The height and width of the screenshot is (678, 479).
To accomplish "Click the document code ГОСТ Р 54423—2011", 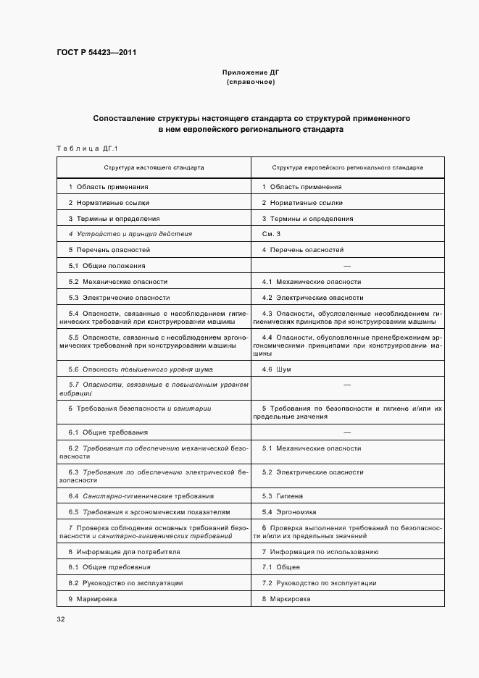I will coord(96,54).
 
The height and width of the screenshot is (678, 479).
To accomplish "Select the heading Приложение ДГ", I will coord(250,73).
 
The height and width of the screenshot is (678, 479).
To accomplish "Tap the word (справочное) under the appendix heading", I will coord(250,83).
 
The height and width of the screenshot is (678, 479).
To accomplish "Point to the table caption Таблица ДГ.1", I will coord(86,148).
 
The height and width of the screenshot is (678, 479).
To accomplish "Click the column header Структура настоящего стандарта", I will coord(154,167).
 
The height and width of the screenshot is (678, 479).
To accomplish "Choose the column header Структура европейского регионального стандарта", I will coord(347,167).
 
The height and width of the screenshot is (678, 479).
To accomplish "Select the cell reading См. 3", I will coord(271,234).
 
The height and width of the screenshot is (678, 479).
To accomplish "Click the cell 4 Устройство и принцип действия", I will coord(130,234).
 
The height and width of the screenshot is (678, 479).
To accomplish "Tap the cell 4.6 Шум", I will coord(277,369).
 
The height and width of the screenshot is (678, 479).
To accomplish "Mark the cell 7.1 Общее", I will coord(280,567).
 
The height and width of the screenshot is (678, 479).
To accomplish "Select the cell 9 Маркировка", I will coord(92,599).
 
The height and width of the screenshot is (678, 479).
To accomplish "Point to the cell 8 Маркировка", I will coord(286,599).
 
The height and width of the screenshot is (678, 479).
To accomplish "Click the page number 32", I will coord(61,620).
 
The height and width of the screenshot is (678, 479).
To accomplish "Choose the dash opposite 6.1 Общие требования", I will coord(346,432).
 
